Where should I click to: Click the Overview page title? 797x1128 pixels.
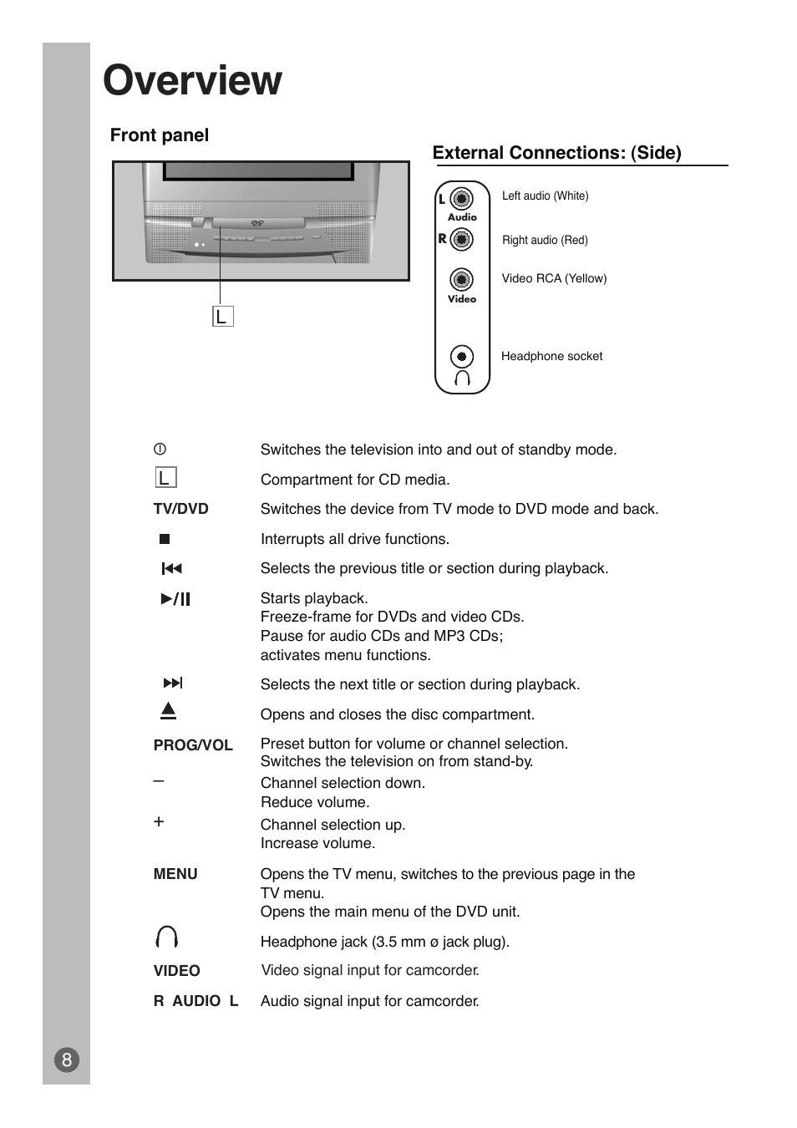tap(192, 81)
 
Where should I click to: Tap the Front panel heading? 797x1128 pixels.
tap(159, 135)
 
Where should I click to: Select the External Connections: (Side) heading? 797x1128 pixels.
tap(556, 153)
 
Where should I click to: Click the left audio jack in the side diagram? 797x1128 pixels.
tap(461, 199)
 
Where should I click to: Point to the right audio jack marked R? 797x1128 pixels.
tap(461, 239)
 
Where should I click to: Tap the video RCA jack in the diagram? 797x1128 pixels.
tap(461, 279)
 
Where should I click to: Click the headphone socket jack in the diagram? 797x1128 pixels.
tap(461, 357)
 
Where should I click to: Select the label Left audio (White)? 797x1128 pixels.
tap(545, 196)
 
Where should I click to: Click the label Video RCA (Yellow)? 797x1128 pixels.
tap(554, 278)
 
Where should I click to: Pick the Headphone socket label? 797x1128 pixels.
tap(551, 356)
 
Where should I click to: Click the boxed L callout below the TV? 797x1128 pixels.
tap(222, 317)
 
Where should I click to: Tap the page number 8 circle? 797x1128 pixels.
tap(67, 1060)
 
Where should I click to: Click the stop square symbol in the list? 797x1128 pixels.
tap(165, 539)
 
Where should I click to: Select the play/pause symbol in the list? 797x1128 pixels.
tap(175, 598)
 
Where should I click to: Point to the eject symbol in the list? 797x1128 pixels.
tap(169, 711)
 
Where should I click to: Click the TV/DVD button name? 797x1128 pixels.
tap(180, 509)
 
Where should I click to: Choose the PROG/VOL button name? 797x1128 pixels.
tap(193, 744)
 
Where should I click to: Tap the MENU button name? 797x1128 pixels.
tap(175, 874)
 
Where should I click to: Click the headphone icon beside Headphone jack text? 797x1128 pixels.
tap(166, 937)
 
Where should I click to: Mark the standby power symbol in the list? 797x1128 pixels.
tap(160, 449)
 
